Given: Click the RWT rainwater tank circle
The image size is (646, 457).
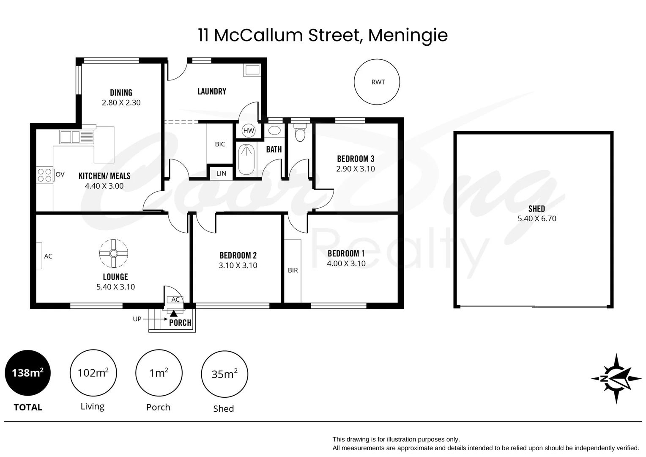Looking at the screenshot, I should point(377,82).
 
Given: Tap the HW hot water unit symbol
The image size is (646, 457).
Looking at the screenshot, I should point(249,131).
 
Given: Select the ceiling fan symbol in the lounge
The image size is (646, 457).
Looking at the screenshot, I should point(114,253).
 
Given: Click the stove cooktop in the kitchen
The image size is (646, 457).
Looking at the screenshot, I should point(44,175).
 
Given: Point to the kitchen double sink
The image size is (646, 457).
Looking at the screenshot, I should point(70,137).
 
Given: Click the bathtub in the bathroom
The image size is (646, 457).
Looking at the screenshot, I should point(246,159).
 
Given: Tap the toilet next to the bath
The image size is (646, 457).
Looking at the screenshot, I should point(300,132).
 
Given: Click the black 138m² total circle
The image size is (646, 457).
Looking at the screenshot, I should point(27,373).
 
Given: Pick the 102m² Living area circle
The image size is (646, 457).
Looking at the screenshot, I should point(93,373).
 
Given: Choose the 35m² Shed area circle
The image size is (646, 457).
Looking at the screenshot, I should point(224,374).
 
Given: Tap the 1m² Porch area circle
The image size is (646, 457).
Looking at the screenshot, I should point(159,373).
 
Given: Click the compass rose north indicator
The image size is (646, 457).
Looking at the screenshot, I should point(616,378).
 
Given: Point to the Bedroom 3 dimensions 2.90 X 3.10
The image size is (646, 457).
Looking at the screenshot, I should point(356,169).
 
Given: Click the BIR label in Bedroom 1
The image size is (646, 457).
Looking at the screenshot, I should point(293,270).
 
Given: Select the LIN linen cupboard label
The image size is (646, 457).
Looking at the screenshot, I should point(221,173).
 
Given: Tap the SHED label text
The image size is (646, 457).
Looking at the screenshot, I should point(537,209).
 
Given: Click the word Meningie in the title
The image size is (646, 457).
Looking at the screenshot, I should point(408,35).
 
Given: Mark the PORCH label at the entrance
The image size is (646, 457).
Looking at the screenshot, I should point(180,322).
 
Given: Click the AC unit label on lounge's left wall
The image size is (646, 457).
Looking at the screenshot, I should point(48,256).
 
